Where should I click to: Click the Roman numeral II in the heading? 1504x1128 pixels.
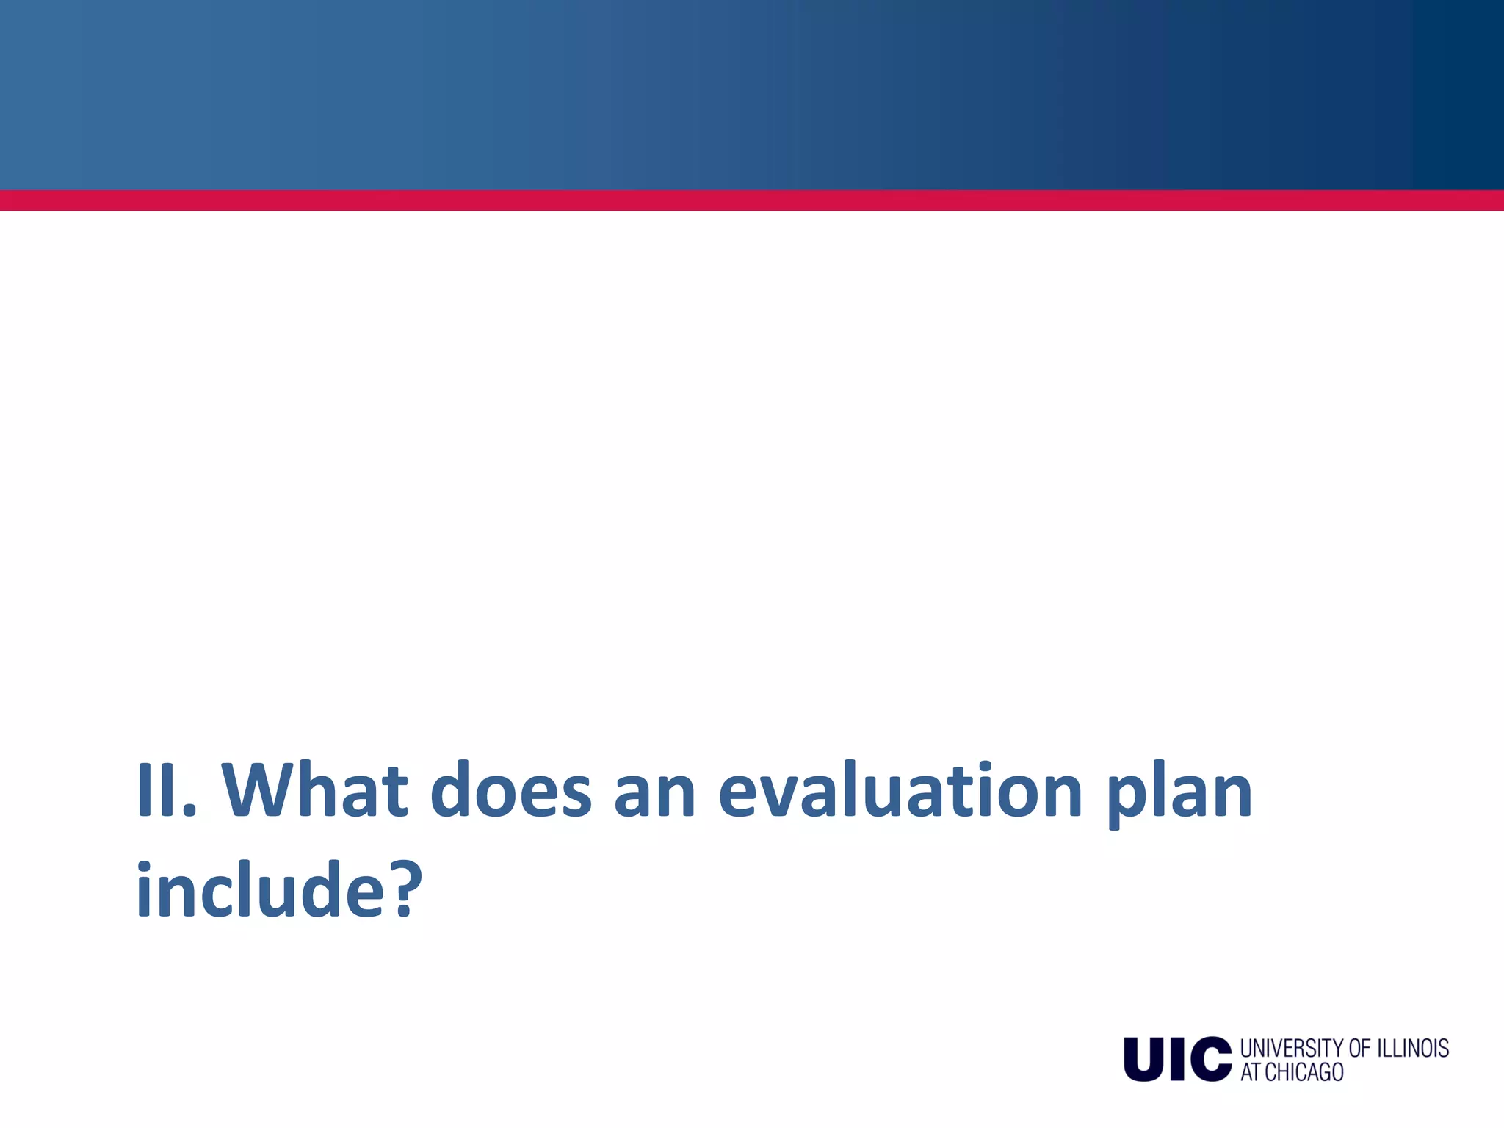click(156, 790)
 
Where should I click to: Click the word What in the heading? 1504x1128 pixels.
click(314, 790)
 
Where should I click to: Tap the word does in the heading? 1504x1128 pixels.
click(510, 790)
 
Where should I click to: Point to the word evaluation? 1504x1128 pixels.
click(900, 790)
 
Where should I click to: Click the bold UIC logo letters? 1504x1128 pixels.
click(1177, 1059)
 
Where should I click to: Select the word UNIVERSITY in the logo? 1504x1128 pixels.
click(1292, 1048)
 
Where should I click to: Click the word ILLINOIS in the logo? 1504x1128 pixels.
click(1412, 1048)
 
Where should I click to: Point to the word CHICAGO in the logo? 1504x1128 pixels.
click(1304, 1072)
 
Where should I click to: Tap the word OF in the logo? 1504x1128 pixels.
click(1359, 1048)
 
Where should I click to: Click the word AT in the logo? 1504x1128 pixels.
click(1251, 1072)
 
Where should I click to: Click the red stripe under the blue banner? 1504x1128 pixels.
click(752, 200)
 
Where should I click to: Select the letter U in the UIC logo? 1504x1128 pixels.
click(1145, 1059)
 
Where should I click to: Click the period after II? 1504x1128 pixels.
click(190, 812)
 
